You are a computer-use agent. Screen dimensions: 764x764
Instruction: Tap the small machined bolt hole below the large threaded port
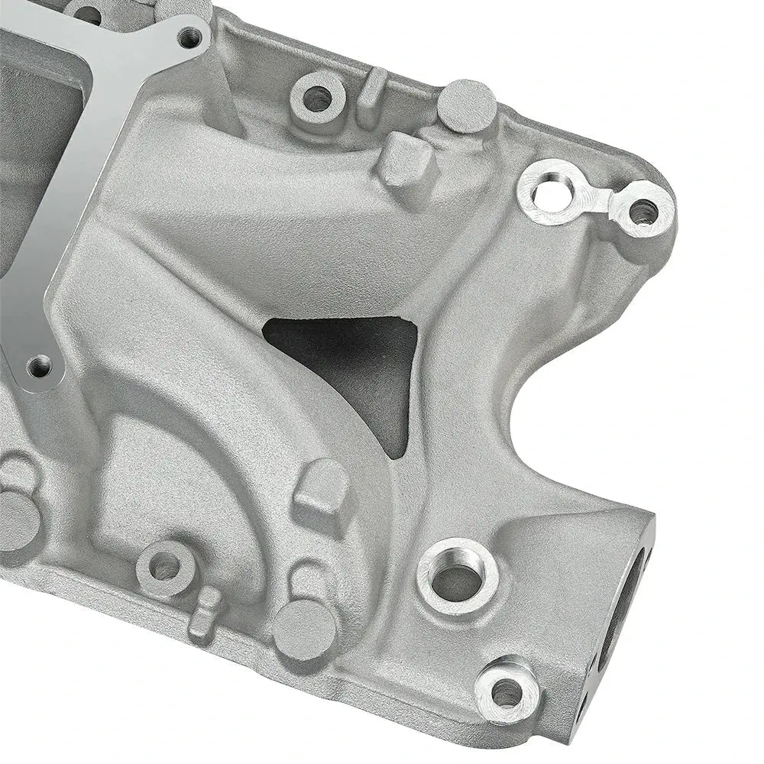507,694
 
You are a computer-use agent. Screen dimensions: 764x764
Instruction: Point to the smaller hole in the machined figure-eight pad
642,209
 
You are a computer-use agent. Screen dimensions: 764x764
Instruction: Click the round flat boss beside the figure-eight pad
467,105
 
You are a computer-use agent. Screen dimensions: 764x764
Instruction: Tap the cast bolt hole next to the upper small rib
316,97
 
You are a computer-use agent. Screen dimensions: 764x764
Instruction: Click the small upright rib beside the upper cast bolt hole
372,87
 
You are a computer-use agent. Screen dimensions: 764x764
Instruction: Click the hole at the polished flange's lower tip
38,368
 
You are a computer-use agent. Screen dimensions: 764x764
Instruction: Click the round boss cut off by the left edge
15,520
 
